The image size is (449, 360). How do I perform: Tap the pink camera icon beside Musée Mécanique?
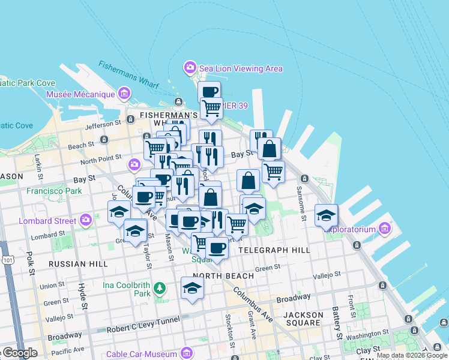[124, 94]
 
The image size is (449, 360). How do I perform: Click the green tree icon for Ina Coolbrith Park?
[159, 289]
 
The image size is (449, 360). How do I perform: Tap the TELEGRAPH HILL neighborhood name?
[274, 250]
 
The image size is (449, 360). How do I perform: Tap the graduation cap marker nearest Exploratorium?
[326, 215]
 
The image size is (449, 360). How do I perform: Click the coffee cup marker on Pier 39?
[209, 92]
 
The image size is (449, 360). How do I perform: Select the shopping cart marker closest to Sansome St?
[274, 172]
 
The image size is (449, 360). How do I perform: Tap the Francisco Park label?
[54, 191]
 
